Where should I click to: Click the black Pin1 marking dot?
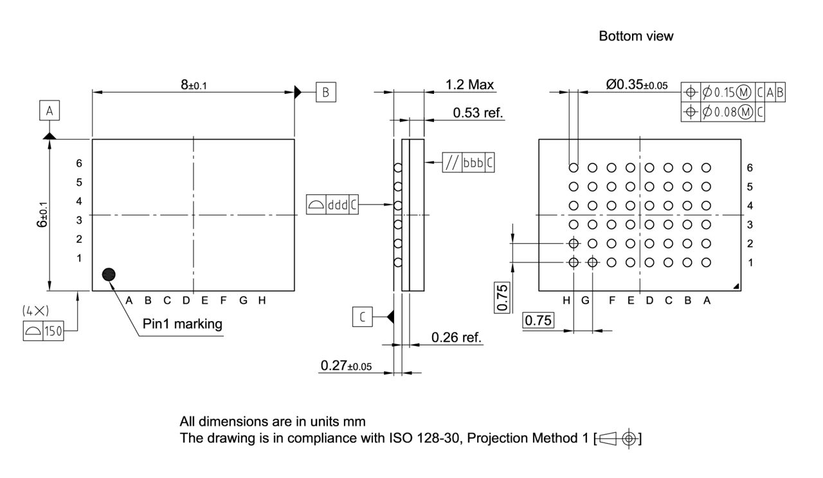[x=109, y=275]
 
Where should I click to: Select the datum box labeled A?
[x=50, y=111]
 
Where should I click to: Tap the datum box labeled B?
[x=325, y=92]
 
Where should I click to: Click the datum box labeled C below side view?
[x=362, y=317]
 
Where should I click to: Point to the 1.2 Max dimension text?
[x=469, y=84]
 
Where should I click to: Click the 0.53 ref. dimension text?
[x=478, y=113]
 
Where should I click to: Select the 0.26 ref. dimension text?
[x=457, y=337]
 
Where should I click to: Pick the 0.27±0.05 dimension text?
[x=346, y=366]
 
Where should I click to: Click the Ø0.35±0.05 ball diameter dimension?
[x=637, y=84]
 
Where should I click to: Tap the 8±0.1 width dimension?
[x=194, y=84]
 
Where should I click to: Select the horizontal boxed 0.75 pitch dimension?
[x=538, y=320]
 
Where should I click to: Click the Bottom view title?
[x=636, y=36]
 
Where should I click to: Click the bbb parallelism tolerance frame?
[x=469, y=163]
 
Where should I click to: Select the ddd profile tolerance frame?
[x=332, y=205]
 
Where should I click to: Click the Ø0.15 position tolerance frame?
[x=733, y=93]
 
